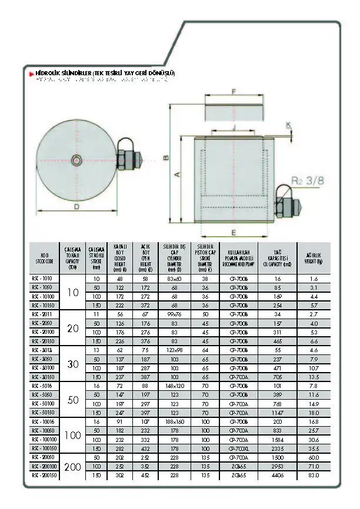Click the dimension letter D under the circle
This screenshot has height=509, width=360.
(x=76, y=206)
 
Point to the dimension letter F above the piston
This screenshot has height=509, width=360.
(x=234, y=92)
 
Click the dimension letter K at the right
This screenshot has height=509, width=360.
(x=288, y=125)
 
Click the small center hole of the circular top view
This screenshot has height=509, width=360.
(x=76, y=160)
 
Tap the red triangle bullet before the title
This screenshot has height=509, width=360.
(x=32, y=73)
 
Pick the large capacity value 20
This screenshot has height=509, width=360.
(x=73, y=329)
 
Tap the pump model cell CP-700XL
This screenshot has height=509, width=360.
(x=239, y=448)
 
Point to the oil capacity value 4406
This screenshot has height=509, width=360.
(x=278, y=474)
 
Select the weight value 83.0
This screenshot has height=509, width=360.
(x=314, y=474)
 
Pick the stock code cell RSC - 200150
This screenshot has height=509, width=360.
(x=45, y=474)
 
